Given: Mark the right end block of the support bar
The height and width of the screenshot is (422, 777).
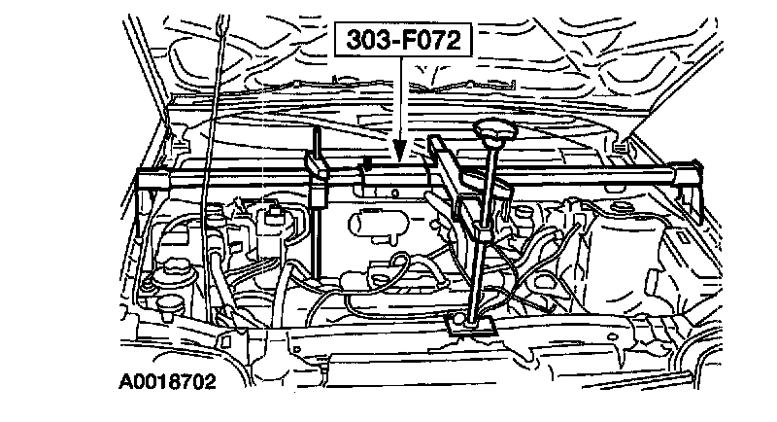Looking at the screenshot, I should tap(693, 181).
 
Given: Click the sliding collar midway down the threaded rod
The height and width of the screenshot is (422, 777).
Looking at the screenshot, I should tap(481, 233).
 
